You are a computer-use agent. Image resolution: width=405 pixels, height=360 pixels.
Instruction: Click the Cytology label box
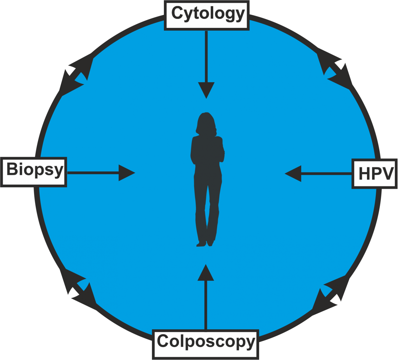(x=206, y=15)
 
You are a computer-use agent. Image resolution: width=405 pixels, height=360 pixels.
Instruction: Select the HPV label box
(x=374, y=174)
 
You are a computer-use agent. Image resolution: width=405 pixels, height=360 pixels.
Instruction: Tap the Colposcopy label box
(x=206, y=344)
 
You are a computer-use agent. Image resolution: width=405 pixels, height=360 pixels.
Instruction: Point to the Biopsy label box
(x=33, y=172)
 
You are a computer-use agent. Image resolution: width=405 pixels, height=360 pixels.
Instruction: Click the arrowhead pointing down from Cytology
(x=206, y=90)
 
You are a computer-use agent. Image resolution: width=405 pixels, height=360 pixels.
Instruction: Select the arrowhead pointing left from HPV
(x=293, y=174)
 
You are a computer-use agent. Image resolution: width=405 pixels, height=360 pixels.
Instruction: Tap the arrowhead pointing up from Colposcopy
(x=206, y=273)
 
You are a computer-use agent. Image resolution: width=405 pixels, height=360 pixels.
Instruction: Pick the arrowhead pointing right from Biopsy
(x=127, y=173)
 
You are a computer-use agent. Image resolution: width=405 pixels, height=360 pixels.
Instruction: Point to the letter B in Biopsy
(x=12, y=169)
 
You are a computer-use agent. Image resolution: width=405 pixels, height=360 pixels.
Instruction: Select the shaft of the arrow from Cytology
(x=206, y=56)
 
